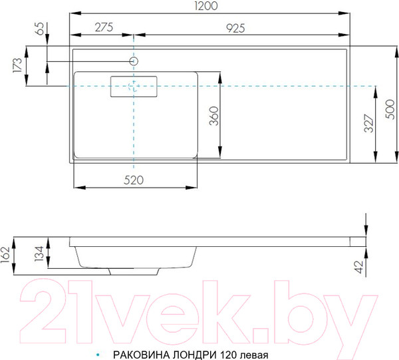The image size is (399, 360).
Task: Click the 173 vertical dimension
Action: tap(18, 66)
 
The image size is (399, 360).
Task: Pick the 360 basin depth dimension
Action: tap(214, 116)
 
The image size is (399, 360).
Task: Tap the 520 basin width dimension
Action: tap(135, 180)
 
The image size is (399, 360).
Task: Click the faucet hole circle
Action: tap(134, 61)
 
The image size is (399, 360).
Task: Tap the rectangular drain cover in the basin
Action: tap(133, 87)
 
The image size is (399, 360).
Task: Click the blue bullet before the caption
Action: tap(98, 355)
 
